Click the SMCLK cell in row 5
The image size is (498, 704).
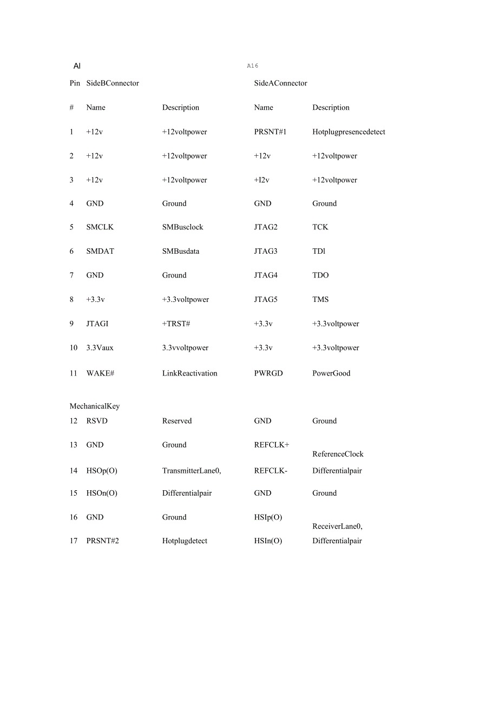click(x=100, y=227)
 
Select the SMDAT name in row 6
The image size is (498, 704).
click(x=100, y=251)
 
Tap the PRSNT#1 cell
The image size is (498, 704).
click(x=270, y=132)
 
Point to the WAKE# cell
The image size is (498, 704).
click(x=100, y=373)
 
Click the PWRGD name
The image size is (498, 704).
click(x=268, y=373)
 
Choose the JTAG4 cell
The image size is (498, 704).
click(x=266, y=275)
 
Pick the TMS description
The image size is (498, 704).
click(x=320, y=299)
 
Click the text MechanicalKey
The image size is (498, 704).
click(x=95, y=406)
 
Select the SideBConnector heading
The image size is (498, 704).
click(x=113, y=83)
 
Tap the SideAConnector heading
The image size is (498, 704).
click(x=280, y=83)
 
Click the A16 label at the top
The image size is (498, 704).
click(x=253, y=66)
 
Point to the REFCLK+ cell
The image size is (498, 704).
click(x=272, y=445)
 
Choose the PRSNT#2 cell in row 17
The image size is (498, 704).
click(x=102, y=541)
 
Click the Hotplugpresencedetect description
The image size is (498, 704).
click(x=349, y=132)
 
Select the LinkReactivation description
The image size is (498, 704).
click(x=189, y=373)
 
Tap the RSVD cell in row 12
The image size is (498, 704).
click(x=97, y=421)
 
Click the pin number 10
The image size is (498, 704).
click(x=74, y=348)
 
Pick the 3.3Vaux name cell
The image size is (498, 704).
click(x=100, y=348)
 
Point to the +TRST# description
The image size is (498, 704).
click(x=176, y=324)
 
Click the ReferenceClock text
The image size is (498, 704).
click(x=338, y=455)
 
